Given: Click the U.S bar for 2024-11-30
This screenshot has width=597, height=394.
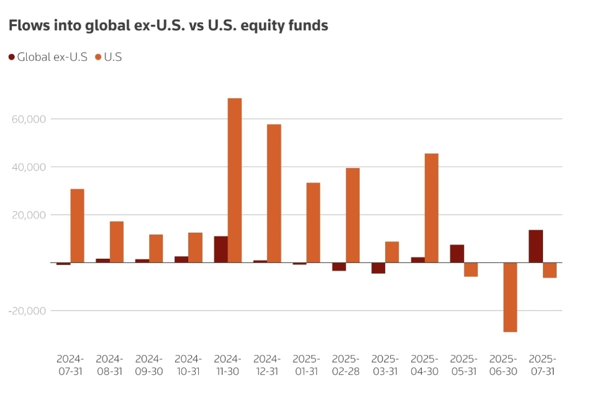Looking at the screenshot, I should point(235,180).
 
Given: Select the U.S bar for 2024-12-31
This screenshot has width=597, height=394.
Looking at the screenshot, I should point(274,193).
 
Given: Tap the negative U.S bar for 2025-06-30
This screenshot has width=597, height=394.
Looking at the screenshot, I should point(510,297).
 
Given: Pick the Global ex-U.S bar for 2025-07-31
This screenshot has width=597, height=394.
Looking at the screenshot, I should point(535,246).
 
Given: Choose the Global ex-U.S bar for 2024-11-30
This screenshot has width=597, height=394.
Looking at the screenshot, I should point(221,249).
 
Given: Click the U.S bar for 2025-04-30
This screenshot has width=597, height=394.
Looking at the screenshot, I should point(431,208).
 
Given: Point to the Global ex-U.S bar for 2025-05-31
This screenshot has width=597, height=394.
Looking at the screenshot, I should point(457,254).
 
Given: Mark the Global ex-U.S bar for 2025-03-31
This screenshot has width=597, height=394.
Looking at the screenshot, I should point(378,268).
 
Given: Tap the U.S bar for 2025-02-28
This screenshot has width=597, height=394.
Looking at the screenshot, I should point(353,215).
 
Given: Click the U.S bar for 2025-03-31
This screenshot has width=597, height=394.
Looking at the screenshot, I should point(392,252).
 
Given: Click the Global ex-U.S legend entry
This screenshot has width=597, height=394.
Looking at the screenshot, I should point(48,57).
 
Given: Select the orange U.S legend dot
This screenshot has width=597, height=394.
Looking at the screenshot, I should point(98,57).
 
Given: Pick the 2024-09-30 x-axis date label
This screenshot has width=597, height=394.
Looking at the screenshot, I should point(148,365).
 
